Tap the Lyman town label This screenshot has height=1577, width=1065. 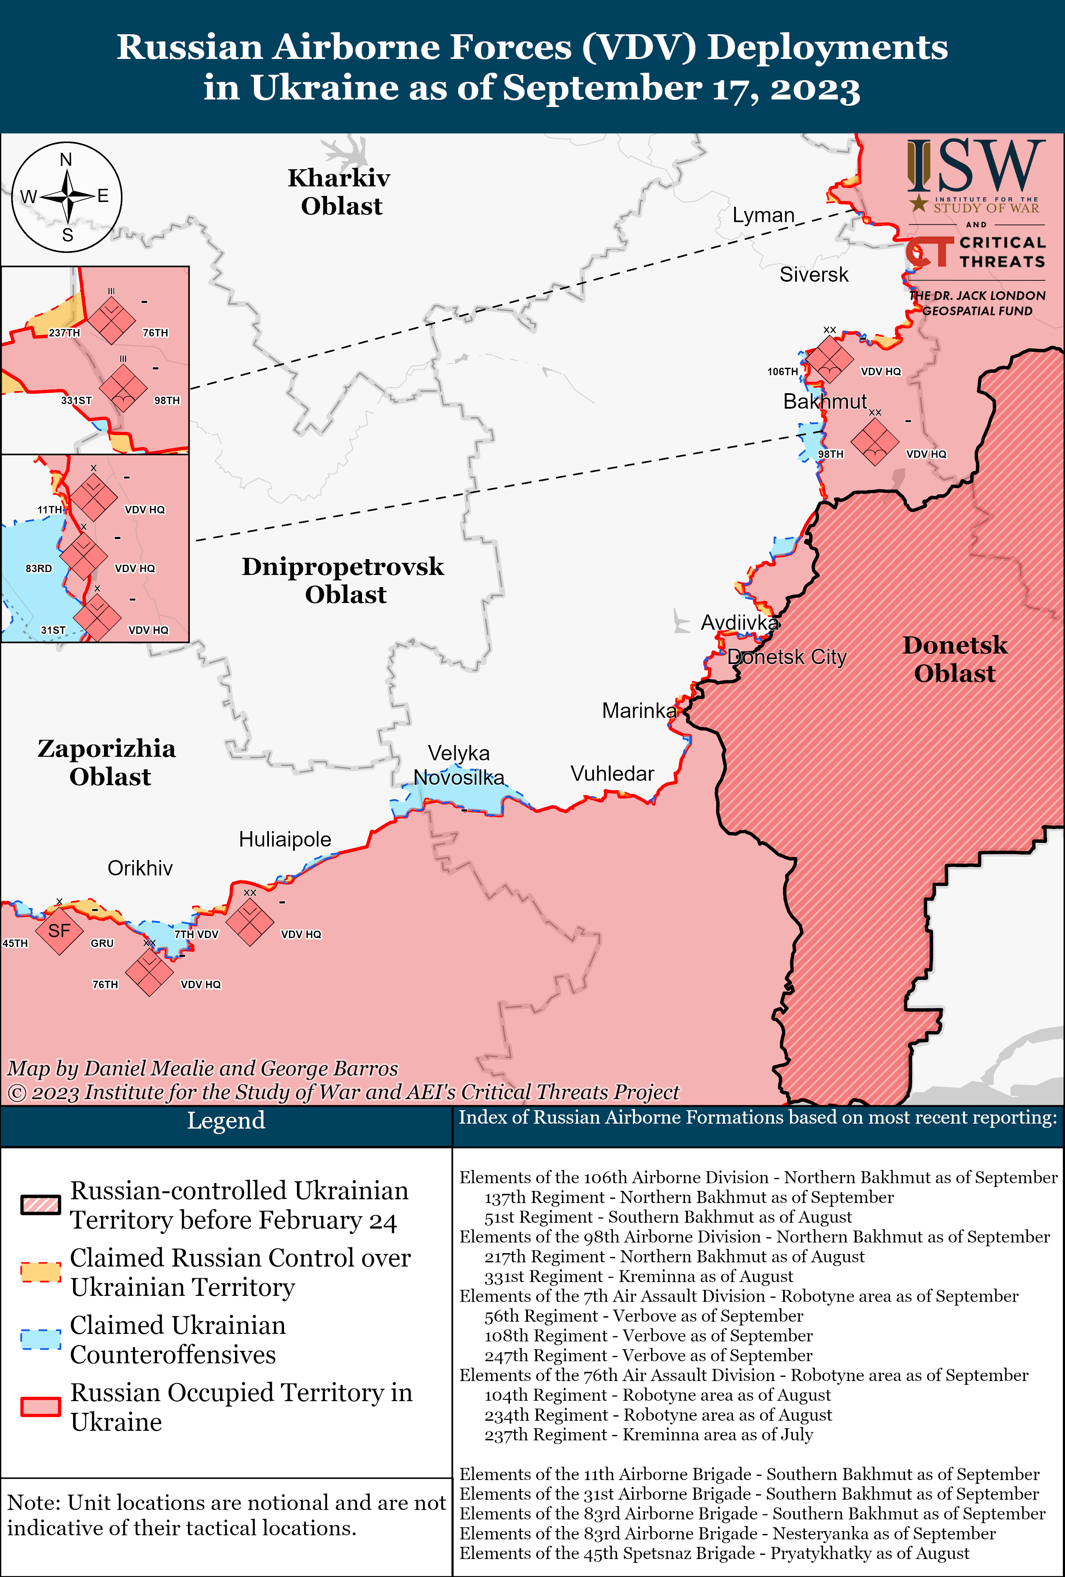(763, 215)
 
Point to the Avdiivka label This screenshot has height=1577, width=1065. (739, 622)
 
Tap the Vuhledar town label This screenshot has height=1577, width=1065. (612, 773)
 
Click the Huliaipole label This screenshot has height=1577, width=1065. (285, 839)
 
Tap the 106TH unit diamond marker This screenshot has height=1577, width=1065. (829, 360)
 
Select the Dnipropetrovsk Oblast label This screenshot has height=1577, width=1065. (343, 580)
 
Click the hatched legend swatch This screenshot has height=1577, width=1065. (40, 1205)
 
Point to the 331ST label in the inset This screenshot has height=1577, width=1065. (76, 400)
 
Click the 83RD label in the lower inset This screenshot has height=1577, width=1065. (39, 569)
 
